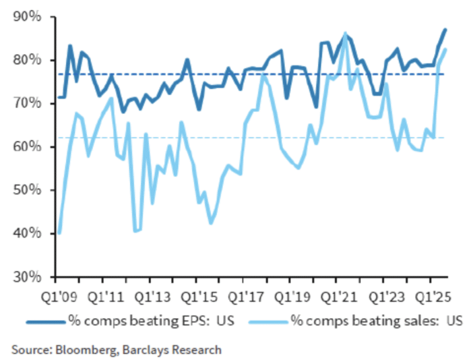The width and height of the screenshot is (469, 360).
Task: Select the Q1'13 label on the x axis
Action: pyautogui.click(x=150, y=295)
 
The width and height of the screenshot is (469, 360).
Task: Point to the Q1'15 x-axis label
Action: pyautogui.click(x=196, y=295)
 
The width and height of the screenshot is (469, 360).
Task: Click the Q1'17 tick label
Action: pyautogui.click(x=243, y=295)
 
